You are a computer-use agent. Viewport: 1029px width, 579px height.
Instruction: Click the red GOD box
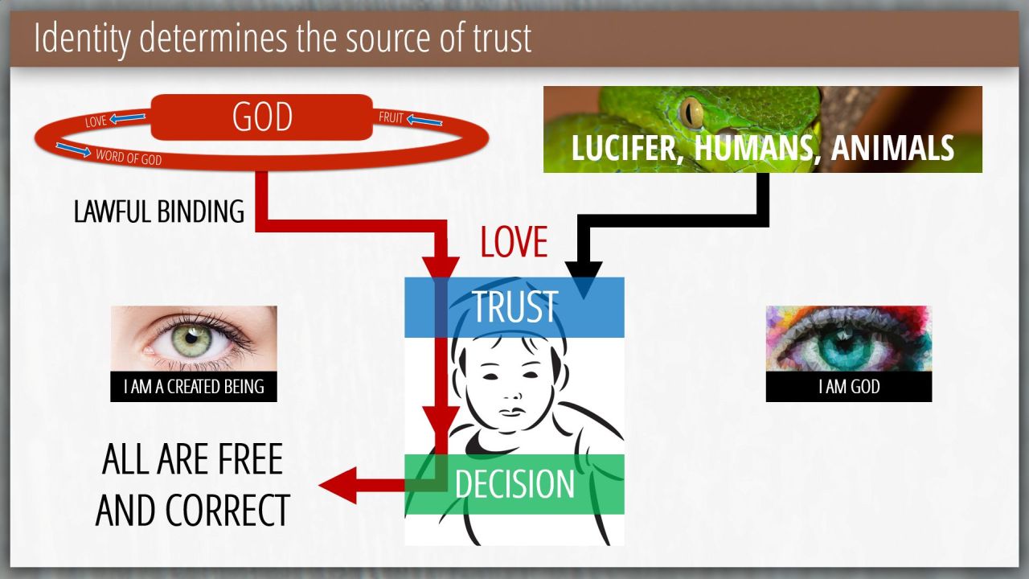tap(261, 117)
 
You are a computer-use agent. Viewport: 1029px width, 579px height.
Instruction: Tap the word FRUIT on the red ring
tap(391, 118)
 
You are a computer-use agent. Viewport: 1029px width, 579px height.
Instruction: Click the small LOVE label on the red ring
tap(96, 122)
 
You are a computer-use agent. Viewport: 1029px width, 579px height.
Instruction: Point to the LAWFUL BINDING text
tap(159, 211)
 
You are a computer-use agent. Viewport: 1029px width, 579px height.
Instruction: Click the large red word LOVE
tap(514, 241)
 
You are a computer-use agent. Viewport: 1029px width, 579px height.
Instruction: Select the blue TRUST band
tap(514, 307)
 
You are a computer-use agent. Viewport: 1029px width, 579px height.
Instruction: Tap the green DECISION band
tap(514, 484)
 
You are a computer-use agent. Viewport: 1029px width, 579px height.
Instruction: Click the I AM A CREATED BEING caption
tap(194, 387)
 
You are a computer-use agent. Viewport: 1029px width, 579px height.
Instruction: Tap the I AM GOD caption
tap(849, 387)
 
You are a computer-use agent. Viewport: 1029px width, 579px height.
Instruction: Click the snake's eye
tap(691, 113)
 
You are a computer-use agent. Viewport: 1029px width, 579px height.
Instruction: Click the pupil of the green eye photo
tap(192, 337)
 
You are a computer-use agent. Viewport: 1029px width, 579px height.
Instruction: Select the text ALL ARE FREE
tap(192, 459)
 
